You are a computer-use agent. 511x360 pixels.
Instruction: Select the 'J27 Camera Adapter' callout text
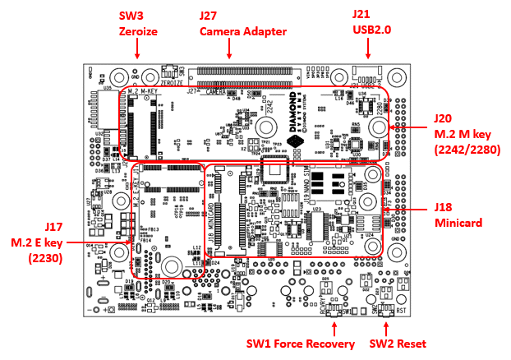pos(242,23)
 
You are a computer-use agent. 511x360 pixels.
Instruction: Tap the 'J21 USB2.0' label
pos(372,23)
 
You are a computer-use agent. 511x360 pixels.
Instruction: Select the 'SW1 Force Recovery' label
pos(302,344)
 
